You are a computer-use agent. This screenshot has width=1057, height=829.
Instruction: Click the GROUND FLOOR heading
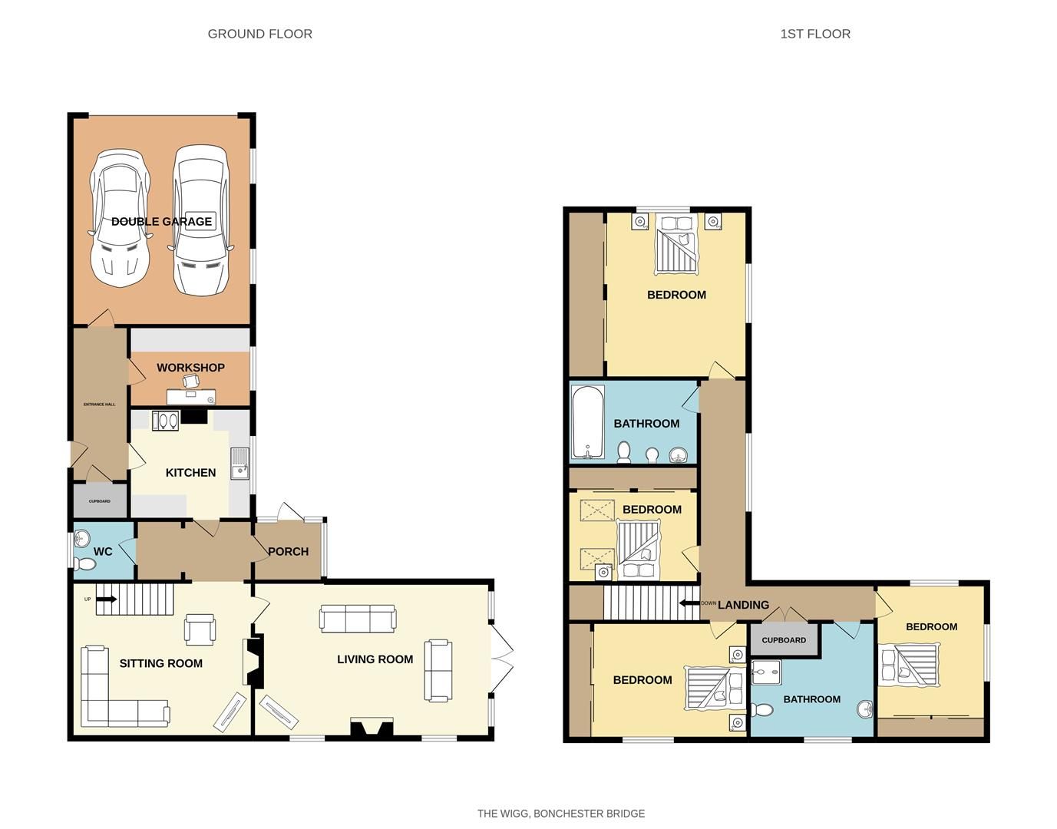[259, 34]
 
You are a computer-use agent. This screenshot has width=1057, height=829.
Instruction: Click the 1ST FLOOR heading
[815, 34]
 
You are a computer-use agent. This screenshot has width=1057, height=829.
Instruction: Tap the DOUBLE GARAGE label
[161, 222]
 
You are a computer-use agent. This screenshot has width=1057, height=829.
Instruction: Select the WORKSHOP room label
[190, 368]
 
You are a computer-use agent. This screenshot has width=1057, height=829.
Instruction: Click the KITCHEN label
[190, 473]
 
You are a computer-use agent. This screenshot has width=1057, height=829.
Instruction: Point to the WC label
[103, 551]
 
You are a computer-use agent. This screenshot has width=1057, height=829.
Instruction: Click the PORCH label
[289, 551]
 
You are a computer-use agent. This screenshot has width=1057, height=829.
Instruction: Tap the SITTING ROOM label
[161, 663]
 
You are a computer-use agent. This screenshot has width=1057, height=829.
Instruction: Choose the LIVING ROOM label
[375, 659]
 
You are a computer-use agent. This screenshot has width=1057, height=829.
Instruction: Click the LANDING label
[743, 605]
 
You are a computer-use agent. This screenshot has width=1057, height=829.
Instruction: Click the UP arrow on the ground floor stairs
[107, 599]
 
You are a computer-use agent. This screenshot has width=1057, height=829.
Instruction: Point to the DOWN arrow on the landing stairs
[689, 603]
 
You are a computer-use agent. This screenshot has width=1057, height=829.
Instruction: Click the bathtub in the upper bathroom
[588, 422]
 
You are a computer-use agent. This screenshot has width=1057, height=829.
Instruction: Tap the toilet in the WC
[86, 564]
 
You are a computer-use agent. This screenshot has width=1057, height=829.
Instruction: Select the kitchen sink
[239, 464]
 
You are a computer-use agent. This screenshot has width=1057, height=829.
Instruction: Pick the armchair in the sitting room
[200, 628]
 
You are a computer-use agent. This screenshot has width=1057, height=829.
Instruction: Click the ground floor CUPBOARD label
[100, 501]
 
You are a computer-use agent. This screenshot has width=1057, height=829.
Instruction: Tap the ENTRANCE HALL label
[99, 405]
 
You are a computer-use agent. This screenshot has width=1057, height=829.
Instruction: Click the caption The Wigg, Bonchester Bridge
[561, 814]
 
